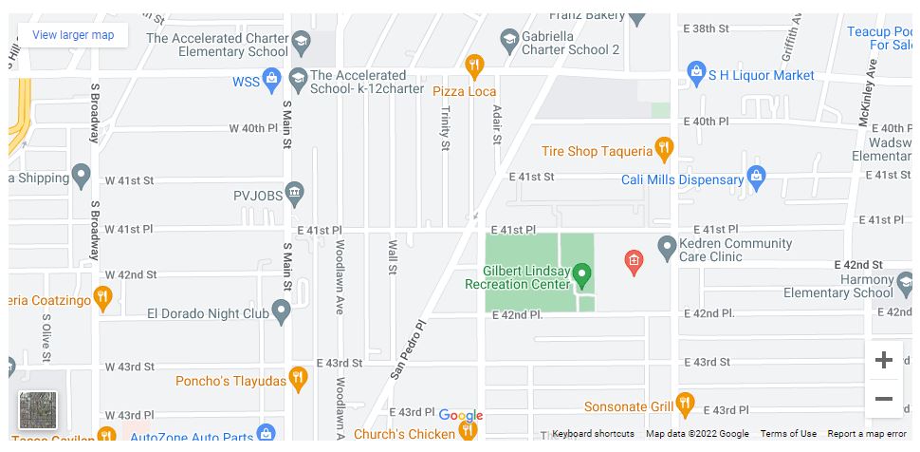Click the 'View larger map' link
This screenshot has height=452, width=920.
pos(73,35)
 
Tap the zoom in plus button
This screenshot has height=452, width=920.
pos(883,360)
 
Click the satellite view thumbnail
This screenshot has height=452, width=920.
pos(38,410)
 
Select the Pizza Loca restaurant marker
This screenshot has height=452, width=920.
pos(475,66)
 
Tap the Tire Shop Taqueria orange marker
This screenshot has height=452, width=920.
pos(664,149)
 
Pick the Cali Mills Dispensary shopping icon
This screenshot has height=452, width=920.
pos(756,177)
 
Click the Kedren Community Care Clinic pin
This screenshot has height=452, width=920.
pos(667,246)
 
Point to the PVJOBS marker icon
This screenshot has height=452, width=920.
pos(295,193)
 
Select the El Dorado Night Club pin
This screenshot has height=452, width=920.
pos(281,311)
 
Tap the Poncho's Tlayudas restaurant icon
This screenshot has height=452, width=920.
pos(299,379)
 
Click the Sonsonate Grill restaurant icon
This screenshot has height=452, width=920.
pos(685,405)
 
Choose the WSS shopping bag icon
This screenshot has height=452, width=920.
pos(272,80)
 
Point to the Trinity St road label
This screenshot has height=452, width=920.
pos(445,127)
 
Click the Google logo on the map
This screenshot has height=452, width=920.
pos(461,415)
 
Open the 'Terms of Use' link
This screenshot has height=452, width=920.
pos(788,434)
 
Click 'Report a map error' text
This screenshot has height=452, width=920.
pos(867,434)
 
